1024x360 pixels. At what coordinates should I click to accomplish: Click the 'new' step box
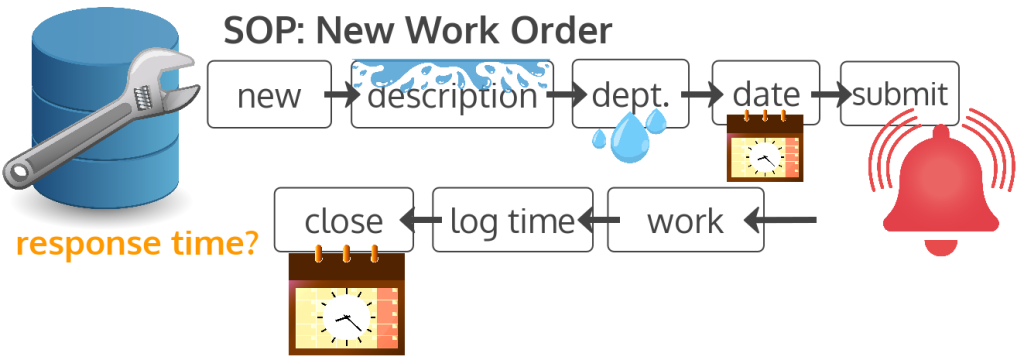click(x=269, y=95)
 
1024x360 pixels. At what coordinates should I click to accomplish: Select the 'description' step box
click(x=452, y=98)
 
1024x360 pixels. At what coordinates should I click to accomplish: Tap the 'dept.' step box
click(x=617, y=95)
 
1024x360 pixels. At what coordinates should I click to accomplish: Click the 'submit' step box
click(x=900, y=95)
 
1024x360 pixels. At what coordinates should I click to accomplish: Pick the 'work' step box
click(x=685, y=220)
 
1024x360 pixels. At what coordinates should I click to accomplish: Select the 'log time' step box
click(x=513, y=220)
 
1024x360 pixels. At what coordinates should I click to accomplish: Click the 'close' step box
click(x=343, y=220)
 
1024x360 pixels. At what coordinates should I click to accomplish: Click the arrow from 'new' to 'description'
click(x=341, y=97)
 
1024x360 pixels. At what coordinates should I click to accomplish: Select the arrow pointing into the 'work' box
click(x=785, y=220)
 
